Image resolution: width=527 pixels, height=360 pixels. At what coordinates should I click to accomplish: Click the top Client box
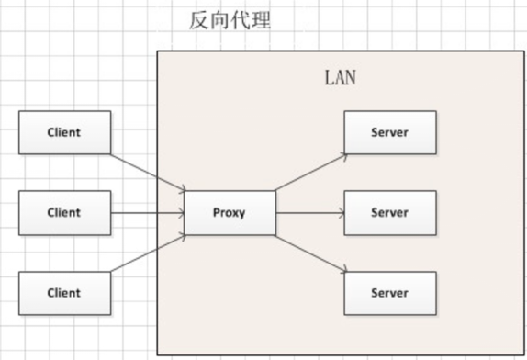pyautogui.click(x=64, y=132)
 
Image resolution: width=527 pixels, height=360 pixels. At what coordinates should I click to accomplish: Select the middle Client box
pyautogui.click(x=64, y=212)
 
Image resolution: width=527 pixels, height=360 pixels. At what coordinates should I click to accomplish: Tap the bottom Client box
pyautogui.click(x=64, y=293)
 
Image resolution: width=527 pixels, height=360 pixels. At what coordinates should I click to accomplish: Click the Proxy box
pyautogui.click(x=230, y=212)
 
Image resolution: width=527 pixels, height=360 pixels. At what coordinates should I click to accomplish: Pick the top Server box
pyautogui.click(x=389, y=132)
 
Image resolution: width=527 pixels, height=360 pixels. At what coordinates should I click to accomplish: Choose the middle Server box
pyautogui.click(x=389, y=212)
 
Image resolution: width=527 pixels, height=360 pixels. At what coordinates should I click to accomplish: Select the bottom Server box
pyautogui.click(x=389, y=293)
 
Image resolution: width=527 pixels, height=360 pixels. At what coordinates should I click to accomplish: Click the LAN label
pyautogui.click(x=340, y=77)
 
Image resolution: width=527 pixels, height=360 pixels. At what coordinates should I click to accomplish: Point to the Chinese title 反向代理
pyautogui.click(x=230, y=20)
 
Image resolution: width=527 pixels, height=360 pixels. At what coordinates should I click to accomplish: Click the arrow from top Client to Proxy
pyautogui.click(x=147, y=171)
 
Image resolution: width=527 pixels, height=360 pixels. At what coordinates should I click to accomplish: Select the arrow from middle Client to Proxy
pyautogui.click(x=147, y=212)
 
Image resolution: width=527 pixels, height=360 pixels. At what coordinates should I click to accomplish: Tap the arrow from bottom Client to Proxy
pyautogui.click(x=147, y=253)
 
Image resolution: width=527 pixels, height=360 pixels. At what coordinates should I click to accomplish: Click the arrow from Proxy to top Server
pyautogui.click(x=310, y=172)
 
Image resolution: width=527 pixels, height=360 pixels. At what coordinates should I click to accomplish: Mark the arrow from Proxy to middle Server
pyautogui.click(x=310, y=212)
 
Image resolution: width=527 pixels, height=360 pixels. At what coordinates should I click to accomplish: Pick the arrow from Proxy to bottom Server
pyautogui.click(x=310, y=253)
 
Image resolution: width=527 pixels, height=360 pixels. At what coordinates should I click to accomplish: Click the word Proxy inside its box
pyautogui.click(x=230, y=212)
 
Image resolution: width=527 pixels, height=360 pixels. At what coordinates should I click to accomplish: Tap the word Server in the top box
pyautogui.click(x=389, y=132)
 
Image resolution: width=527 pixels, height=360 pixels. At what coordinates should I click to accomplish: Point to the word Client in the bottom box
pyautogui.click(x=64, y=293)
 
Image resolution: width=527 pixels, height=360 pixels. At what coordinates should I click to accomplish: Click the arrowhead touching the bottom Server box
pyautogui.click(x=343, y=271)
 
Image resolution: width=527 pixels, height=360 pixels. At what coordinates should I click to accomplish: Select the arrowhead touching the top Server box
pyautogui.click(x=343, y=154)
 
